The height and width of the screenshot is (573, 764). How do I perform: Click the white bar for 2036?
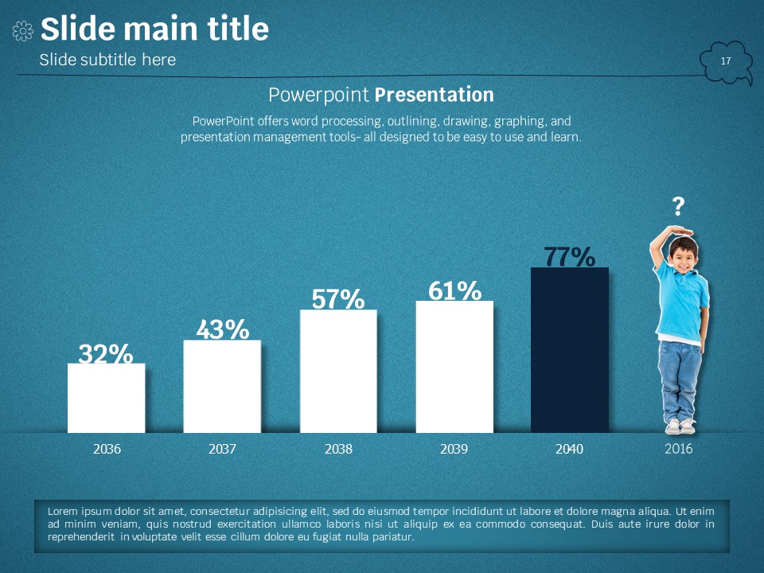pyautogui.click(x=106, y=398)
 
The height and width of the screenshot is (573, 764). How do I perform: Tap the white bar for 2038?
pyautogui.click(x=338, y=371)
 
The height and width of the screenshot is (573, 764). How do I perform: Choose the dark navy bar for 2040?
pyautogui.click(x=570, y=350)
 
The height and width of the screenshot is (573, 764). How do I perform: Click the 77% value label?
pyautogui.click(x=570, y=256)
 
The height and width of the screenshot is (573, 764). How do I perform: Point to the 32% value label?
pyautogui.click(x=106, y=353)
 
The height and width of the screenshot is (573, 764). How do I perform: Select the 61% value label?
pyautogui.click(x=454, y=290)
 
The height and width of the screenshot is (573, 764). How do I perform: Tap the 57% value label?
pyautogui.click(x=338, y=298)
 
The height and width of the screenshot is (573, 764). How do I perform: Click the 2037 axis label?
pyautogui.click(x=222, y=449)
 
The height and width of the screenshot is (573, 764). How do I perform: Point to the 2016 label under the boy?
pyautogui.click(x=678, y=449)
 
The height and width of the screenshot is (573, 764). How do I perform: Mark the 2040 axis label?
pyautogui.click(x=569, y=449)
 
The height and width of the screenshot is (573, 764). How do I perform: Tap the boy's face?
pyautogui.click(x=681, y=255)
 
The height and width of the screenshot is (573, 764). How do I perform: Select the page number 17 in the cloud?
pyautogui.click(x=726, y=61)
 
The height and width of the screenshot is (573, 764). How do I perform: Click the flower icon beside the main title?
pyautogui.click(x=23, y=31)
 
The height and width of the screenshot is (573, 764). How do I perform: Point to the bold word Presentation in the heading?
pyautogui.click(x=434, y=95)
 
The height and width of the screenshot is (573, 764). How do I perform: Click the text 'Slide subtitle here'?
pyautogui.click(x=107, y=60)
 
